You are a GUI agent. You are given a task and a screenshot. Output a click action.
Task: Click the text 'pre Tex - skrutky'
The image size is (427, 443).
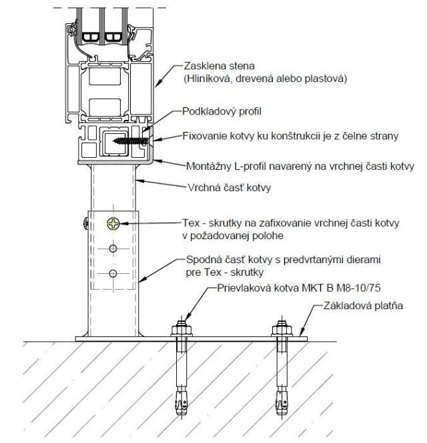(218, 271)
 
